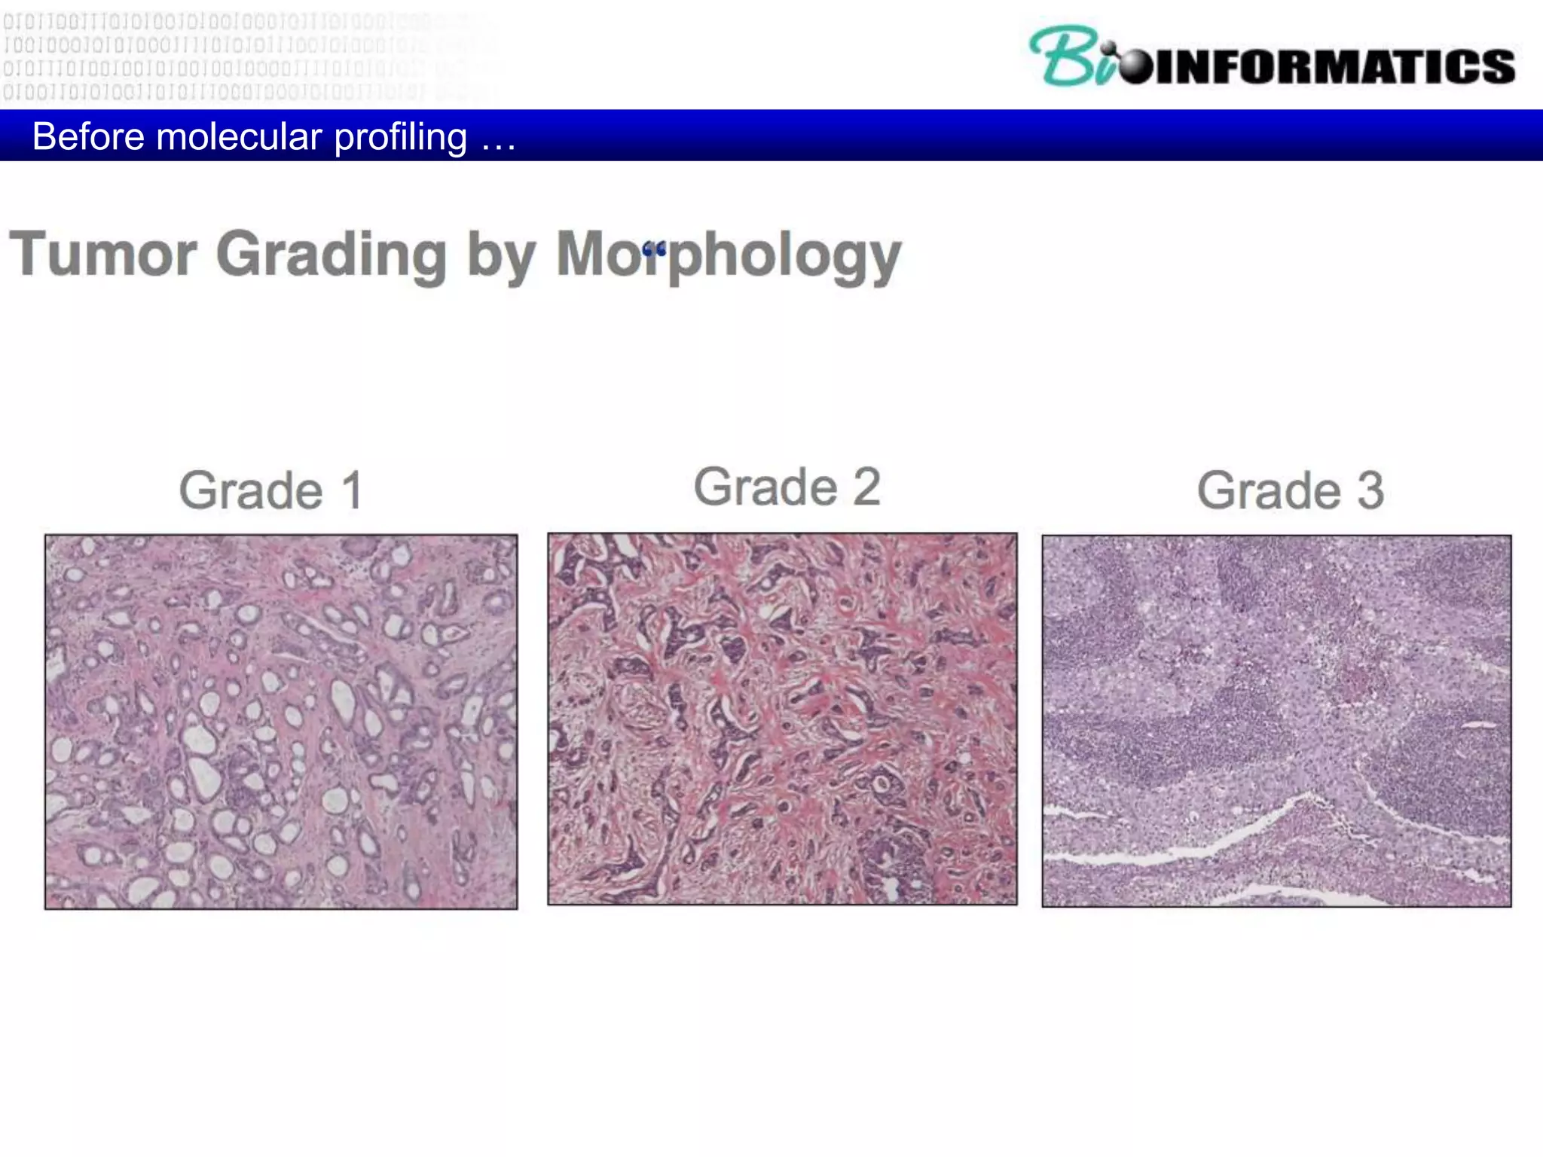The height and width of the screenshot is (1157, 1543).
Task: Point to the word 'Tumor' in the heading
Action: pos(102,255)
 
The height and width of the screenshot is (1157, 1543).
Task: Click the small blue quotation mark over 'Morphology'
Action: pos(654,249)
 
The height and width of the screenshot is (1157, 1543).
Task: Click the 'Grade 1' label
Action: pos(271,490)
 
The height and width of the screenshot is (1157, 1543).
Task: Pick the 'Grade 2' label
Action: pos(787,487)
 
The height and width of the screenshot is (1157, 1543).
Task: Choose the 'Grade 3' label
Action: pos(1290,490)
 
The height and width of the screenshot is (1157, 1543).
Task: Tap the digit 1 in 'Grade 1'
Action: pos(353,490)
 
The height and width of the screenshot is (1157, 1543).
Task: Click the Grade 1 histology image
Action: pos(281,722)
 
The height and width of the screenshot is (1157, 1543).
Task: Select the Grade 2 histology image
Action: pos(782,719)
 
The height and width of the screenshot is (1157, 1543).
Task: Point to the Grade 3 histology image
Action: pos(1276,721)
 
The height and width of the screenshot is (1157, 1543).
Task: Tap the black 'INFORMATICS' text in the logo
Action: pos(1334,66)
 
